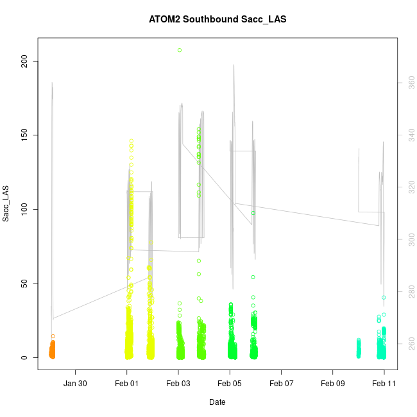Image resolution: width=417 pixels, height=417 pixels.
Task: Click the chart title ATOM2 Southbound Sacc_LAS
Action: tap(217, 19)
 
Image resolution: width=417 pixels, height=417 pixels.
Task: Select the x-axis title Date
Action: tap(217, 402)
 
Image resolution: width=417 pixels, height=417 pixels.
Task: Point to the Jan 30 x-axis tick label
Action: tap(76, 384)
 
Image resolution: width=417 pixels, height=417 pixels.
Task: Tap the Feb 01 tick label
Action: tap(127, 384)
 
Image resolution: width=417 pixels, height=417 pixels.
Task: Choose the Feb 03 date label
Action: tap(178, 384)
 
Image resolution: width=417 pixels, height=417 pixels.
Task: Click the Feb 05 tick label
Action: tap(230, 384)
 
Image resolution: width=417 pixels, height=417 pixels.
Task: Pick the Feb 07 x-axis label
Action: tap(281, 384)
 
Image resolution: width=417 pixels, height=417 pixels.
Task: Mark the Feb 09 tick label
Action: tap(333, 384)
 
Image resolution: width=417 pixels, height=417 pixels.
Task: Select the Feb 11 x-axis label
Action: tap(384, 384)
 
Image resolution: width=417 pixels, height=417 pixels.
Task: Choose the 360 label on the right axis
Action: tap(409, 83)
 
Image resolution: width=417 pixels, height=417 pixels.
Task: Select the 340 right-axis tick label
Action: tap(409, 135)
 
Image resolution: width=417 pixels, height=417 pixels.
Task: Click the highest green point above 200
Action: tap(180, 50)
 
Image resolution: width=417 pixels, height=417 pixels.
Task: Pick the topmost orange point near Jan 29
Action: tap(53, 336)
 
